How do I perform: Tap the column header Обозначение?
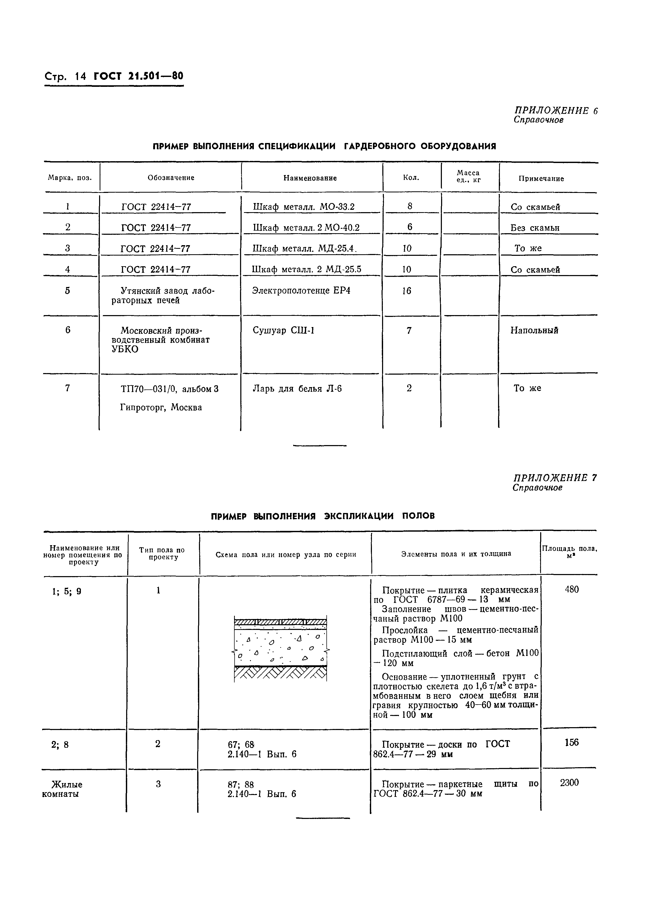(171, 178)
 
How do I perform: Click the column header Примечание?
(541, 179)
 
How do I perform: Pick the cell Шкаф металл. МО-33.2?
(304, 206)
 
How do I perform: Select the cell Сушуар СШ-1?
(283, 330)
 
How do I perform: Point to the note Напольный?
(534, 330)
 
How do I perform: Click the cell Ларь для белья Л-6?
(297, 388)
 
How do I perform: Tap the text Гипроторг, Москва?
(161, 408)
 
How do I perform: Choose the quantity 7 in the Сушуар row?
(409, 330)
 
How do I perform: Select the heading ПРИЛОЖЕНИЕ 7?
(555, 478)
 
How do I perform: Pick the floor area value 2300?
(569, 783)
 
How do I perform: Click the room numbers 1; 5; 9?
(67, 591)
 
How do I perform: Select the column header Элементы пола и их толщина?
(456, 554)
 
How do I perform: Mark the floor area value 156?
(571, 742)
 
